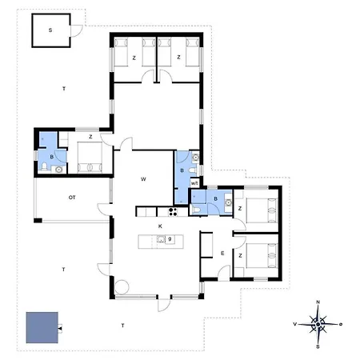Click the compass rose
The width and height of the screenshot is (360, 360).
[318, 324]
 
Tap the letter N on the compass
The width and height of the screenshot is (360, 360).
[318, 302]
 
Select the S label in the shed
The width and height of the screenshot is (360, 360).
[50, 30]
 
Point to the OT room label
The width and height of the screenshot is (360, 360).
[71, 197]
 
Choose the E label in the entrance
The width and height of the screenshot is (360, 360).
[222, 254]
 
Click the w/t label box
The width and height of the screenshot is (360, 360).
[194, 183]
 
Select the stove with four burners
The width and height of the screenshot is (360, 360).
[170, 211]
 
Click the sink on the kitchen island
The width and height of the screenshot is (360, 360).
[161, 239]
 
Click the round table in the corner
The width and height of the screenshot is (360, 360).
[122, 287]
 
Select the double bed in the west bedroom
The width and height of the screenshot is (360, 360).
[89, 158]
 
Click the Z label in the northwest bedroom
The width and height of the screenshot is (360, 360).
[134, 58]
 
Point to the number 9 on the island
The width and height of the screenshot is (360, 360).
[170, 239]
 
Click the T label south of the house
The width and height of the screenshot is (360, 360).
[122, 326]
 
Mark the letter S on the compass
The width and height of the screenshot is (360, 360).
[318, 346]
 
